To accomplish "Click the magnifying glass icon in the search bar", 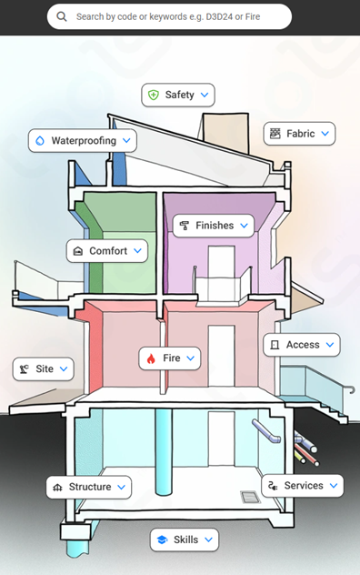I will coord(63,16).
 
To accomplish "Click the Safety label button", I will coord(178,95).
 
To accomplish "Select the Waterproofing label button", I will coord(83,141).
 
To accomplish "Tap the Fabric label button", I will coord(299,134).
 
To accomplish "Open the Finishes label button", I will coord(213,226).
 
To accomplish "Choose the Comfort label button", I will coord(106,250).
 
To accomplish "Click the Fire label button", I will coord(170,358).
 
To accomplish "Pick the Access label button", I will coord(301,345).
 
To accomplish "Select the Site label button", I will coord(43,369).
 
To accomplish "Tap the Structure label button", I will coord(88,487).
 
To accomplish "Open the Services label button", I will coord(302,486).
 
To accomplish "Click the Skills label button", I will coord(184,540).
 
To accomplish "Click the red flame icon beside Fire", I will coord(152,358).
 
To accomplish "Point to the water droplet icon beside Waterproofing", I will coord(40,141).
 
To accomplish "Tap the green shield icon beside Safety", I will coord(154,95).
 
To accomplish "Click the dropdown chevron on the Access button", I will coord(328,345).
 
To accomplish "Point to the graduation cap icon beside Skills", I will coord(161,540).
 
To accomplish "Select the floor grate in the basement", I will coord(248,497).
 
